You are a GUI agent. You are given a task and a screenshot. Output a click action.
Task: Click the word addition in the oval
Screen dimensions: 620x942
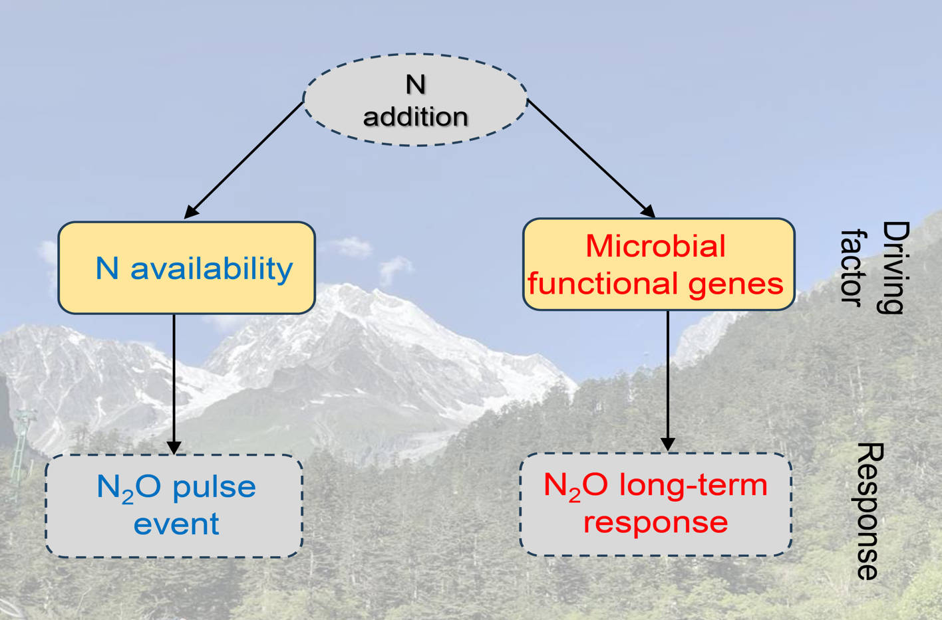click(x=415, y=117)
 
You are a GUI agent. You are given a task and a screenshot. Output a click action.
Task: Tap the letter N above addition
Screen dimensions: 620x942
click(x=415, y=84)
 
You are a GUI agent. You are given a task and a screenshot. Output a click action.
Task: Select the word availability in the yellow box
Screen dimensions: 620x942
click(x=212, y=268)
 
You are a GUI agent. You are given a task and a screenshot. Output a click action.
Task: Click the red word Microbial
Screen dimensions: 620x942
click(x=655, y=246)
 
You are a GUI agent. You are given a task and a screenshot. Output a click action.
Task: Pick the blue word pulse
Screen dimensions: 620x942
click(x=214, y=487)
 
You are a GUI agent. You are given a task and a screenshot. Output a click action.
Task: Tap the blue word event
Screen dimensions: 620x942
click(x=176, y=524)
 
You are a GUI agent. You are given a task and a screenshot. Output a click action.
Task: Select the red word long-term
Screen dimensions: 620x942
click(x=693, y=485)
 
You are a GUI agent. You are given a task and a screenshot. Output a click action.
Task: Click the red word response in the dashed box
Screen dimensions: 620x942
click(x=655, y=522)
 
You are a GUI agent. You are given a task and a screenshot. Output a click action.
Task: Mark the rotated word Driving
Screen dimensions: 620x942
click(x=894, y=267)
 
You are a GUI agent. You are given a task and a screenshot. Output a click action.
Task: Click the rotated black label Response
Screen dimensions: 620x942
click(x=869, y=512)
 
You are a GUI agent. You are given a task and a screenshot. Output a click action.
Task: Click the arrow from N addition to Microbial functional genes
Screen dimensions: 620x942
click(x=591, y=159)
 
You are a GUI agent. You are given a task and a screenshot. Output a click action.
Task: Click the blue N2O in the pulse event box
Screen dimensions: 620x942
click(x=128, y=488)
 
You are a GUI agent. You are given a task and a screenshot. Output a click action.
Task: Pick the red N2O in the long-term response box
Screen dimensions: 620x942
click(x=575, y=486)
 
